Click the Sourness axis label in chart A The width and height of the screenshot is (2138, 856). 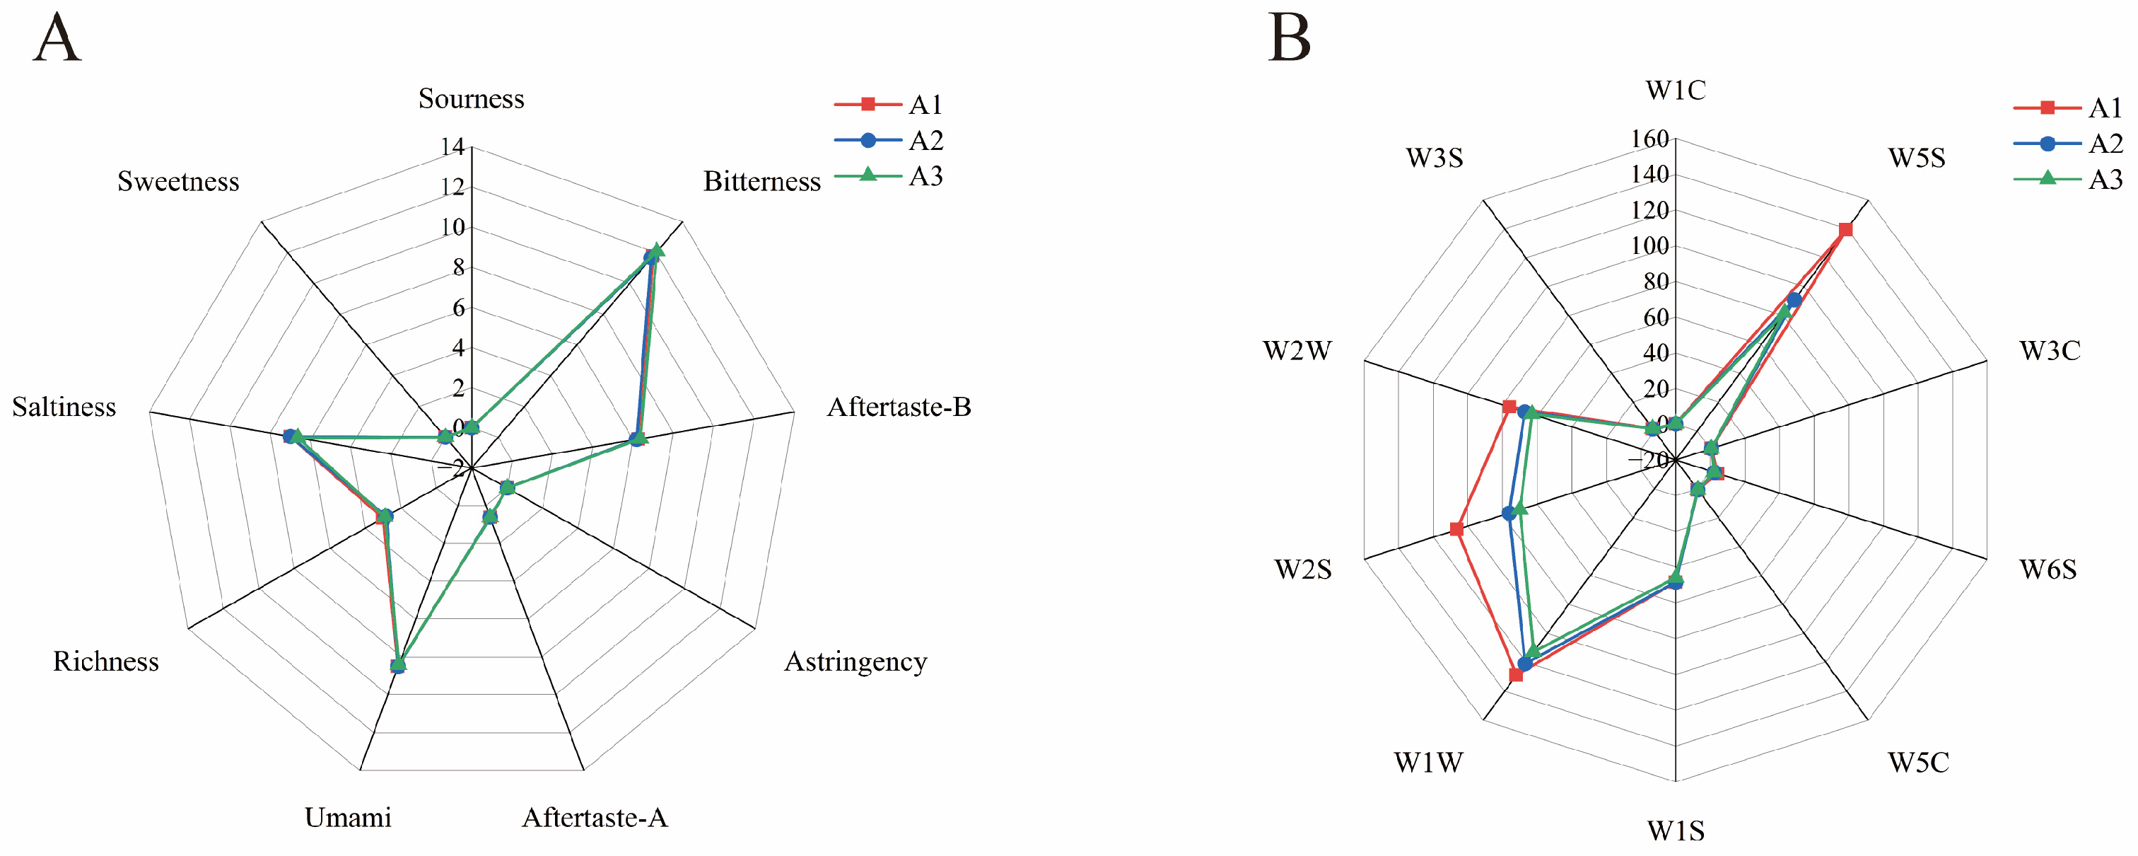tap(471, 99)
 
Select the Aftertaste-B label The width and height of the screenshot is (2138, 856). tap(898, 407)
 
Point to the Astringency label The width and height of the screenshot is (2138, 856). tap(855, 661)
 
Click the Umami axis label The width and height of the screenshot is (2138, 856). tap(348, 818)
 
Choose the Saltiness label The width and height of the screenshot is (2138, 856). tap(64, 407)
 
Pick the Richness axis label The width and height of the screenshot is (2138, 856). tap(105, 661)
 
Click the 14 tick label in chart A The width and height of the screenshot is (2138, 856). tap(453, 147)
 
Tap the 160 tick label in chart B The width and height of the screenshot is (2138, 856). tap(1649, 139)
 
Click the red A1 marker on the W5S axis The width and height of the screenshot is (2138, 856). tap(1845, 230)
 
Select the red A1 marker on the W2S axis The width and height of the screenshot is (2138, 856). tap(1456, 530)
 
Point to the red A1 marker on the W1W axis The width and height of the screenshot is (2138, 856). tap(1517, 675)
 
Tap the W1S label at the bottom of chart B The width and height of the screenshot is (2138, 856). tap(1676, 831)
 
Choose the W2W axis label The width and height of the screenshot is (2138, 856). tap(1297, 351)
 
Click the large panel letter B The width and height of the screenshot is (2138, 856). tap(1289, 38)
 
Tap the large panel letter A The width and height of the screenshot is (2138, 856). tap(57, 38)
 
